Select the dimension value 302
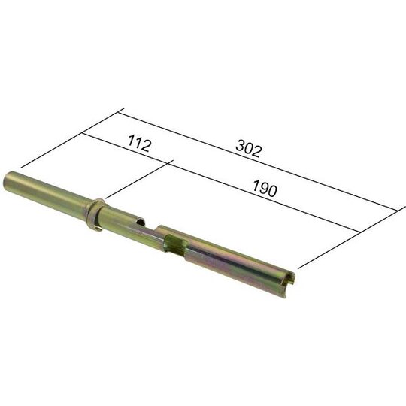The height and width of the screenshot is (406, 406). (x=248, y=150)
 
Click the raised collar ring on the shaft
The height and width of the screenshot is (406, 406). (x=95, y=215)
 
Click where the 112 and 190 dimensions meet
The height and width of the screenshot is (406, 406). (x=174, y=162)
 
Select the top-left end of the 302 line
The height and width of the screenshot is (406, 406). (x=120, y=113)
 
